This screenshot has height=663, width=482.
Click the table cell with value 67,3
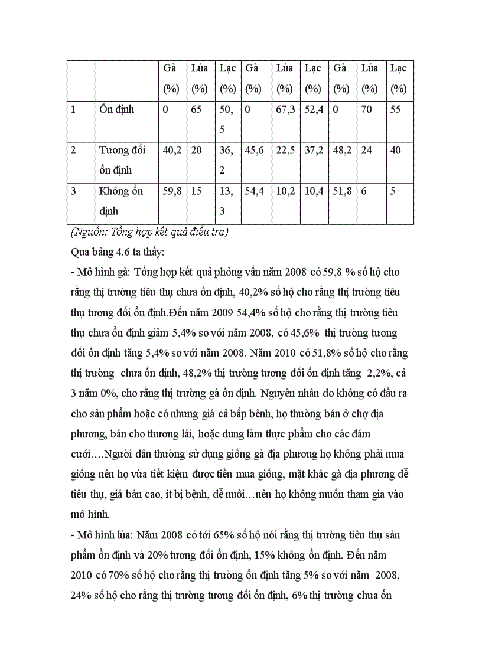tap(285, 110)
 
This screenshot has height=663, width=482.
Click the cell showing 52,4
tap(314, 110)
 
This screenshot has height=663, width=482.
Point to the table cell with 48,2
tap(342, 151)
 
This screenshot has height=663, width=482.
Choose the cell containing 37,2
tap(314, 151)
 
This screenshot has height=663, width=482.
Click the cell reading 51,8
tap(342, 191)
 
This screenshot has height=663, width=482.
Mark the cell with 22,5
tap(285, 151)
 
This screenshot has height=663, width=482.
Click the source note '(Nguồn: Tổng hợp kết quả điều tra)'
tap(149, 233)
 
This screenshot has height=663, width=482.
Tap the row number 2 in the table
tap(73, 151)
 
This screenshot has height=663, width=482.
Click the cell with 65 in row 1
tap(197, 110)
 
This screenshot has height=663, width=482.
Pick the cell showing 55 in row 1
tap(395, 110)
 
